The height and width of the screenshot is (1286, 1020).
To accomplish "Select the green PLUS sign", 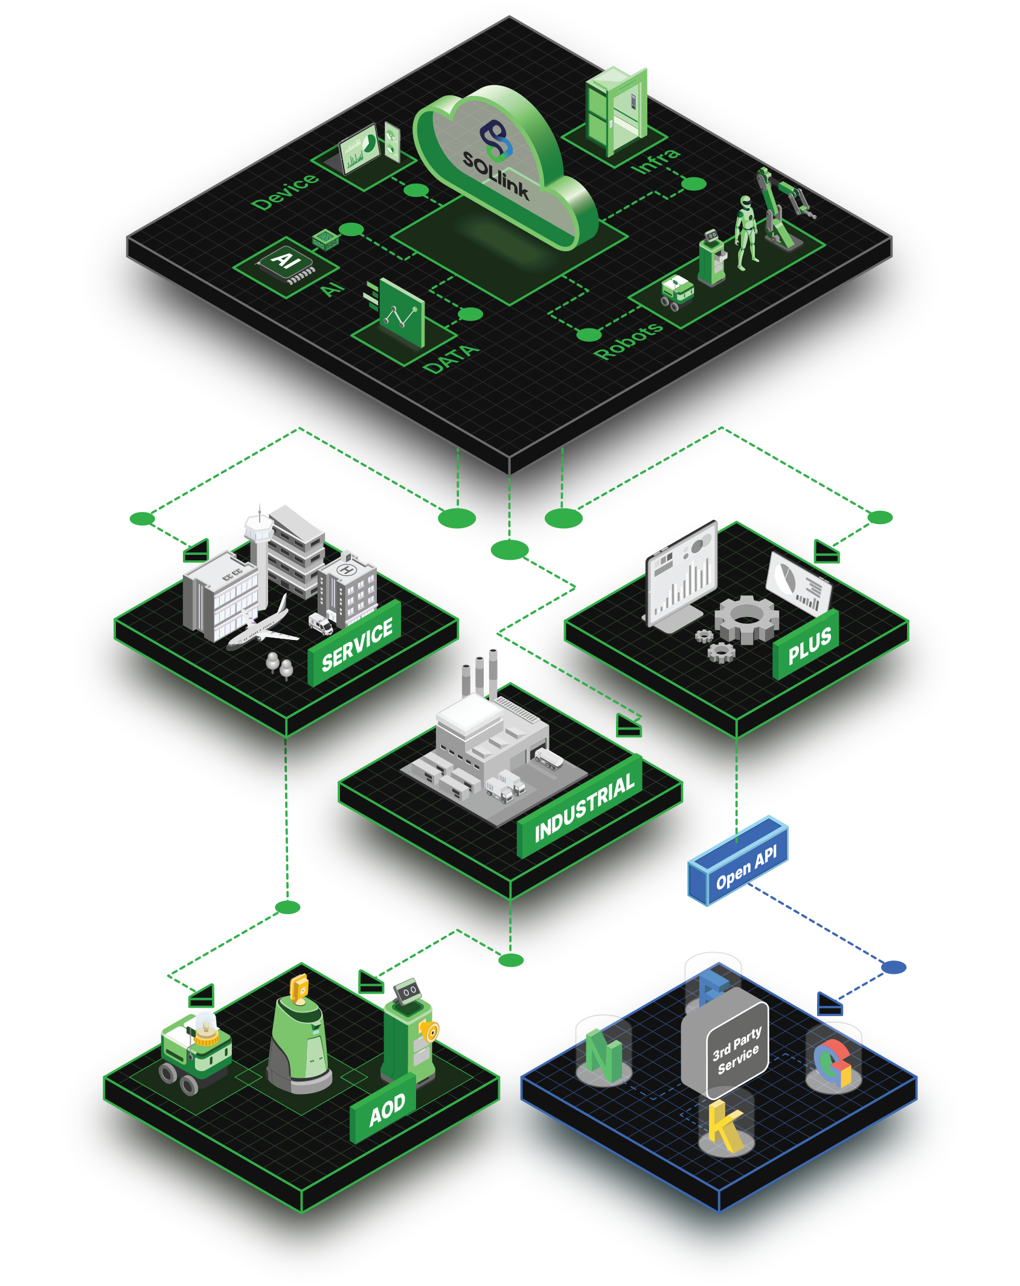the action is (x=809, y=645).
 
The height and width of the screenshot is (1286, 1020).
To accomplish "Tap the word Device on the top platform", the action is (x=284, y=192).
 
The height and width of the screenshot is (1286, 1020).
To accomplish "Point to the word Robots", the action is (x=629, y=341).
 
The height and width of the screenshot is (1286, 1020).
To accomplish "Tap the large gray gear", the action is (x=746, y=618).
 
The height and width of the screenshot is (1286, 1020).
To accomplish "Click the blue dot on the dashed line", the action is (x=894, y=967).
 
